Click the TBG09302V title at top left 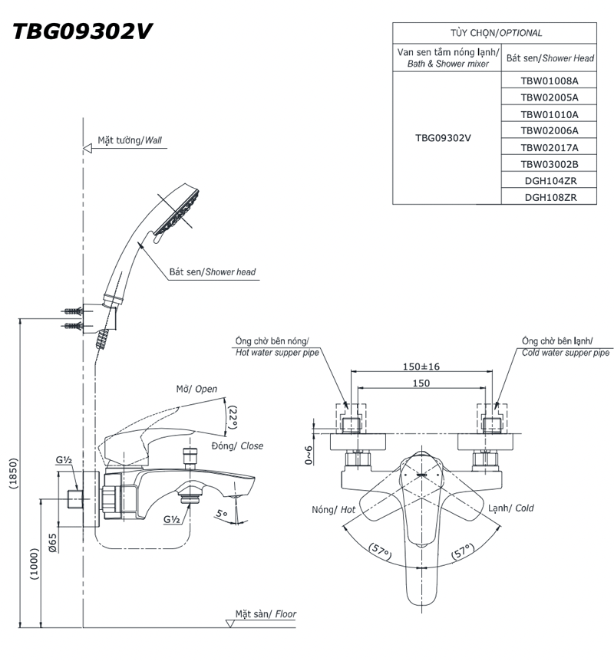pyautogui.click(x=83, y=31)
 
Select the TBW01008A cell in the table pyautogui.click(x=549, y=81)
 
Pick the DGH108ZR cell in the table pyautogui.click(x=549, y=197)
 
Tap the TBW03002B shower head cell pyautogui.click(x=549, y=164)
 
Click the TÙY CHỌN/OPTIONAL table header pyautogui.click(x=496, y=33)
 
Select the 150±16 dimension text pyautogui.click(x=421, y=367)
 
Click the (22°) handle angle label pyautogui.click(x=233, y=419)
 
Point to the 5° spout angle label pyautogui.click(x=221, y=515)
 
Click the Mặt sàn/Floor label pyautogui.click(x=266, y=614)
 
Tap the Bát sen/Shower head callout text pyautogui.click(x=213, y=272)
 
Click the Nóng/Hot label pyautogui.click(x=334, y=509)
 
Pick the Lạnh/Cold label pyautogui.click(x=511, y=508)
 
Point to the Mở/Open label pyautogui.click(x=196, y=390)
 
